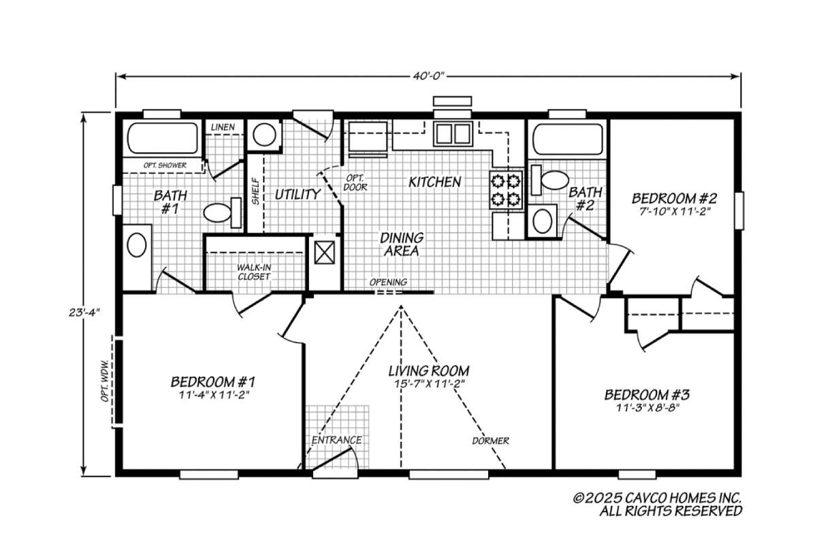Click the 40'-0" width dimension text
[x=429, y=76]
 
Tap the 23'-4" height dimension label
[x=84, y=313]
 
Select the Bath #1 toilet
[x=223, y=212]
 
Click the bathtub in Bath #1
[x=163, y=138]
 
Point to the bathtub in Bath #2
[x=568, y=139]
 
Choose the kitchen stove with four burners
[x=507, y=190]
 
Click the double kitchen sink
[x=453, y=134]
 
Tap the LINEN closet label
[x=223, y=127]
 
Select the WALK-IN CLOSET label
[x=254, y=272]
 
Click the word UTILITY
[x=298, y=195]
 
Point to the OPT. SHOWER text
[x=165, y=165]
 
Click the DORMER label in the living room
[x=491, y=441]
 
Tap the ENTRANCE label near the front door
[x=336, y=441]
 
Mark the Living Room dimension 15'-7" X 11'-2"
[x=429, y=384]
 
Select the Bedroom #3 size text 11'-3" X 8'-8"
[x=647, y=407]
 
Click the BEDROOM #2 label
[x=675, y=198]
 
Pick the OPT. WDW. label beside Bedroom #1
[x=106, y=381]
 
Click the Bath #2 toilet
[x=549, y=180]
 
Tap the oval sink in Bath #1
[x=137, y=245]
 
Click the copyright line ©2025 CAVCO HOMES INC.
[x=657, y=498]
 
